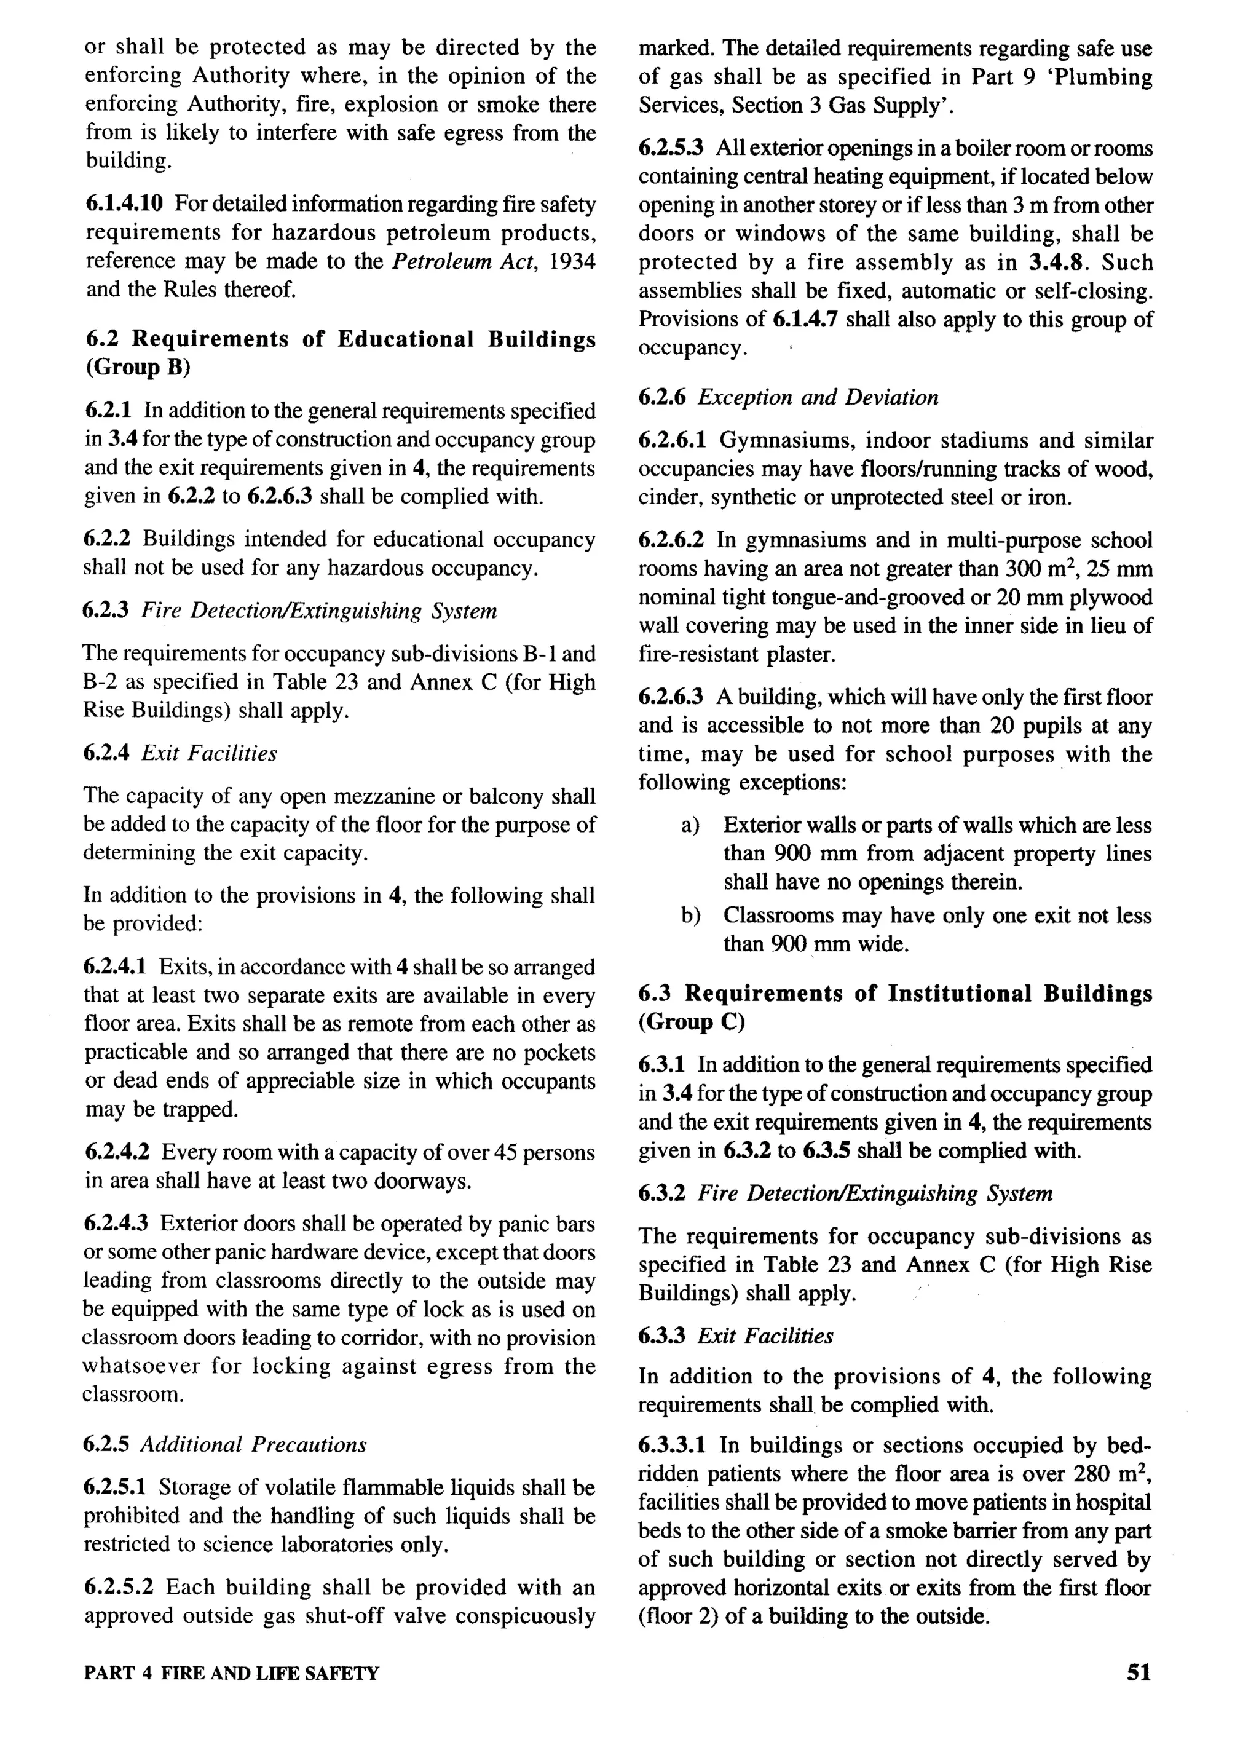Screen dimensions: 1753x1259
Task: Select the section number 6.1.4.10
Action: (x=124, y=204)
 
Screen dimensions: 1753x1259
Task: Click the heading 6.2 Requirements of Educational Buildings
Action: (x=340, y=339)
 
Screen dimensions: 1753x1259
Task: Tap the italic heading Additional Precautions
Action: (x=253, y=1444)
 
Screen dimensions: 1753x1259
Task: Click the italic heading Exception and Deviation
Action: (x=818, y=398)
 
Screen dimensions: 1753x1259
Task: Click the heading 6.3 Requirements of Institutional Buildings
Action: (x=895, y=994)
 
